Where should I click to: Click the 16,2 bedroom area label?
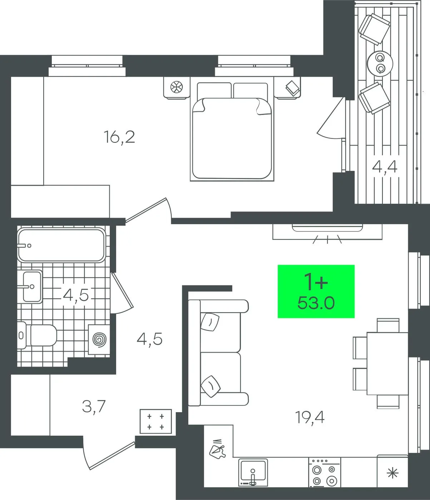(119, 137)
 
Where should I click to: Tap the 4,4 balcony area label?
(385, 167)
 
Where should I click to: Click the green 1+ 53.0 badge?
(316, 291)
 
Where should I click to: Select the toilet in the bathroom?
(37, 335)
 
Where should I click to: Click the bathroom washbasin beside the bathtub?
(32, 287)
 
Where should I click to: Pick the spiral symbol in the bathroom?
(99, 340)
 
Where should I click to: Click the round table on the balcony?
(380, 63)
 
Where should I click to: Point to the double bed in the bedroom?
(232, 129)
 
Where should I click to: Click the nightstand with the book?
(288, 87)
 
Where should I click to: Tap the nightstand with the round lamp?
(177, 87)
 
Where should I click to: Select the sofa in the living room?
(218, 353)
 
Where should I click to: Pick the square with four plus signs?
(156, 421)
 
